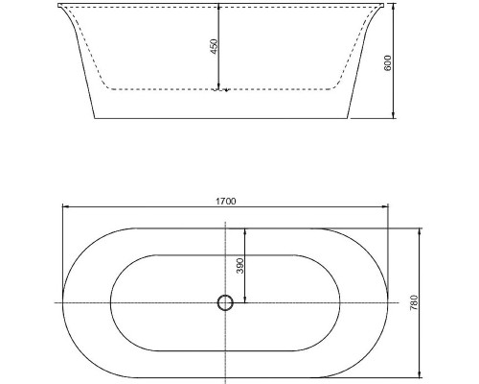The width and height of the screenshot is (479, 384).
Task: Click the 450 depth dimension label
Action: click(215, 46)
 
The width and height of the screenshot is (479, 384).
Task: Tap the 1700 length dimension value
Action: click(227, 201)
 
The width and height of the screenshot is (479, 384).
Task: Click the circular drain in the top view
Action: click(225, 303)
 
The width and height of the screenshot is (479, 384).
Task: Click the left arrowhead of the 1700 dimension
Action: click(65, 206)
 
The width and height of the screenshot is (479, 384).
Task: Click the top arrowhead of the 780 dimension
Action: click(421, 230)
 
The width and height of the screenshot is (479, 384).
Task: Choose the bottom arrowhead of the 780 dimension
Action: click(421, 375)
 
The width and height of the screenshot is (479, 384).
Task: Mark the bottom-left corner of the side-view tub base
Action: click(94, 119)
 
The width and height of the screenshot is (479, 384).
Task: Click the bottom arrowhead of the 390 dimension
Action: click(245, 300)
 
